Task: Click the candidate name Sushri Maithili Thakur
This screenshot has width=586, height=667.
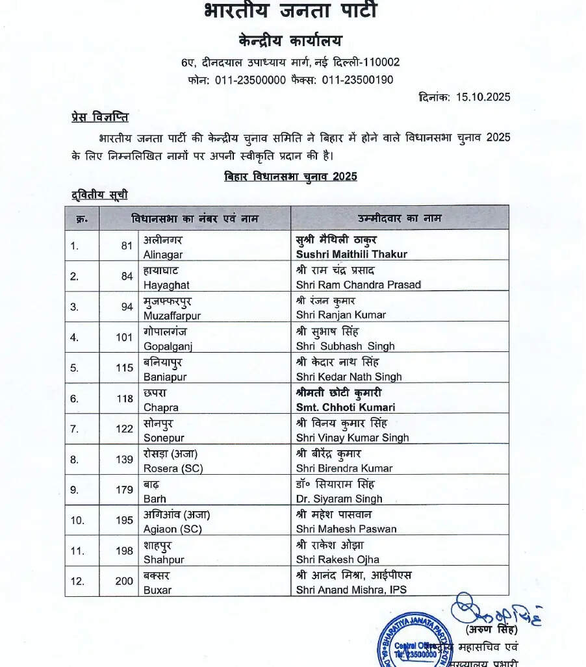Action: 351,254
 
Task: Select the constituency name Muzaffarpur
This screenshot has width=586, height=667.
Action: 172,315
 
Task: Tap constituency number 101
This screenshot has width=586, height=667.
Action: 125,337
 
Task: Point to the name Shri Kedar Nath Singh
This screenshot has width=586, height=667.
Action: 349,377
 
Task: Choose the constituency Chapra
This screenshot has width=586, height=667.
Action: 160,407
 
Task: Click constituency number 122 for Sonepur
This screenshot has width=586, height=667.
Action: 125,429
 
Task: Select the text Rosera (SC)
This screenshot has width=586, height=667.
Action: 173,468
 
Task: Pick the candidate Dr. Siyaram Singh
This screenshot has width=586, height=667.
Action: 339,499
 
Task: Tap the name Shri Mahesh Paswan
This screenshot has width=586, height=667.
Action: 346,529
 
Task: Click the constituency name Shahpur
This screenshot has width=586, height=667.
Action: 164,559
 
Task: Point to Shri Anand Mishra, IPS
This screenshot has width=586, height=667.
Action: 351,590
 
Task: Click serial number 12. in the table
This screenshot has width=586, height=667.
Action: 78,581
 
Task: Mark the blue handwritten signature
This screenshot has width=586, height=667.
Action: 494,610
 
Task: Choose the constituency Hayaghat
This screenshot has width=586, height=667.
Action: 167,284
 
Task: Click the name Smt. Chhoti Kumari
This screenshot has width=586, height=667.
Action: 346,407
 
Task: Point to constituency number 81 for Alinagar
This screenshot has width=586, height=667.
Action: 127,245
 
